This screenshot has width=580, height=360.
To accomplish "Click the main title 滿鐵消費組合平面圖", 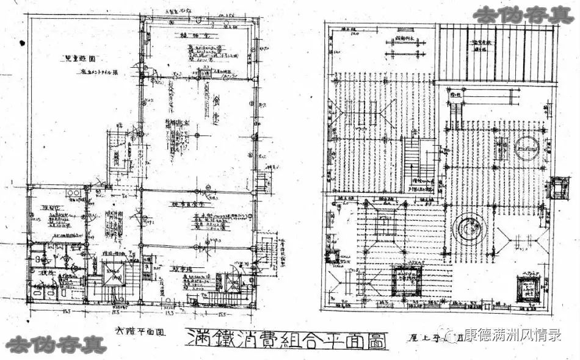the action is coord(286,339).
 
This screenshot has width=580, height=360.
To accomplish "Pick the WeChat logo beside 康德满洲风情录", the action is coord(454,334).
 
